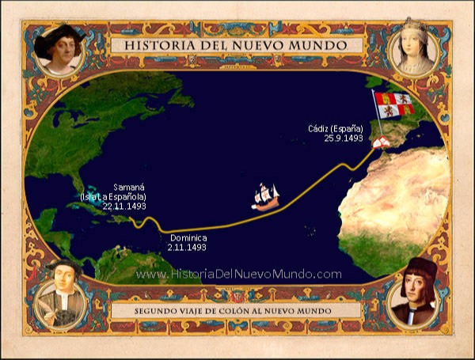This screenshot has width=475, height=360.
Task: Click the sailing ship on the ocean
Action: [x=266, y=195]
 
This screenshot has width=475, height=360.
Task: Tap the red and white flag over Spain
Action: [x=394, y=107]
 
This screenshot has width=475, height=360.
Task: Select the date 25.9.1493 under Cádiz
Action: [x=343, y=138]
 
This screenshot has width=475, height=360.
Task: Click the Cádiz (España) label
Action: [x=336, y=128]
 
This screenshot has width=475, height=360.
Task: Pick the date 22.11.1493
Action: [x=124, y=206]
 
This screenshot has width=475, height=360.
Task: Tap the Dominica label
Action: [x=188, y=238]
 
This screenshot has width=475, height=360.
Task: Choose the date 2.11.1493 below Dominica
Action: [x=187, y=248]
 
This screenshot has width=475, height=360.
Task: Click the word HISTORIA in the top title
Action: [x=156, y=45]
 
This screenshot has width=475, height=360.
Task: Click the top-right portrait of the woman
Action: [x=416, y=49]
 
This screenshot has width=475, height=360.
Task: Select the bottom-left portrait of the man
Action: [x=60, y=297]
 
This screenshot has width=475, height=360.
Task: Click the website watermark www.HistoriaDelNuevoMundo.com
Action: [x=238, y=274]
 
